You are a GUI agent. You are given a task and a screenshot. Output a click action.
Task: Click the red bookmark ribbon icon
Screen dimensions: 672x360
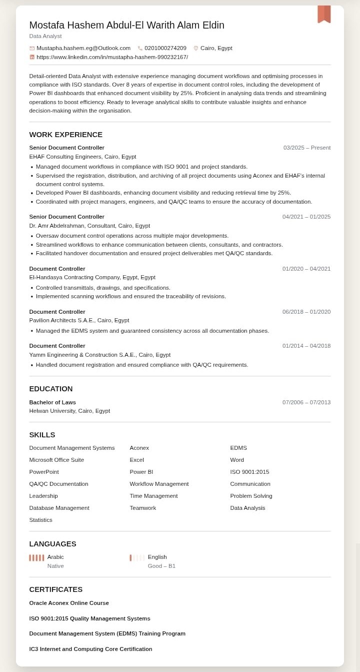(x=324, y=14)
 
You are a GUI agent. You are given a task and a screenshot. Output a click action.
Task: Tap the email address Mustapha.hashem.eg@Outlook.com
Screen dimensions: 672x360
(x=83, y=48)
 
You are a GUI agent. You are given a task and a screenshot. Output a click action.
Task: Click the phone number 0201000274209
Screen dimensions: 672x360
(x=165, y=48)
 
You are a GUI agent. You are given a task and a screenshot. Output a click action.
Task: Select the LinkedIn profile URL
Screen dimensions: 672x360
(x=112, y=57)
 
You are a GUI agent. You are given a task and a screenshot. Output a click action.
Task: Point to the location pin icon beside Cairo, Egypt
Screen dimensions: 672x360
(x=196, y=48)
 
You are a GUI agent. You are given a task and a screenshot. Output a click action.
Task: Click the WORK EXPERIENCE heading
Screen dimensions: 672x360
(x=65, y=135)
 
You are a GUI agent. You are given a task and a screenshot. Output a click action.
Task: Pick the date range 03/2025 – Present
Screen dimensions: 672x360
(x=306, y=148)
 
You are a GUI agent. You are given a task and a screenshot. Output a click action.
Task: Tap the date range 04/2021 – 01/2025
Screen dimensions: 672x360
(x=306, y=217)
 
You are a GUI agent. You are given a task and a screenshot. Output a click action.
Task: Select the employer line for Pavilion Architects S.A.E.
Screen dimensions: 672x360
(x=79, y=320)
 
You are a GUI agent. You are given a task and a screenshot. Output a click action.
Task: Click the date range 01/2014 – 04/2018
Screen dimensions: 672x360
(x=306, y=346)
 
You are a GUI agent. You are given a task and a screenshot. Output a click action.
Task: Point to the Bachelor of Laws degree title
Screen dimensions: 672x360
(x=52, y=402)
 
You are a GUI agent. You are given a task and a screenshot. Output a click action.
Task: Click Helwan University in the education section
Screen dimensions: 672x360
(x=69, y=411)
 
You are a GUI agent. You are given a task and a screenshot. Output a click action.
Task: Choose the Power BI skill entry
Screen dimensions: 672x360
(x=141, y=472)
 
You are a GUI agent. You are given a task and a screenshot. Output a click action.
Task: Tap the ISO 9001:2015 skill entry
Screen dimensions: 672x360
(x=249, y=472)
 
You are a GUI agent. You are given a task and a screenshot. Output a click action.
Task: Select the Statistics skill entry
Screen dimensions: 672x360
(x=40, y=520)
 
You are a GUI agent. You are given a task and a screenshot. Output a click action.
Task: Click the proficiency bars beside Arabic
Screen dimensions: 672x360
(x=36, y=557)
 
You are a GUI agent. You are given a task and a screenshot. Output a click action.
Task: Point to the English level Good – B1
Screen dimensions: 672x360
(x=161, y=566)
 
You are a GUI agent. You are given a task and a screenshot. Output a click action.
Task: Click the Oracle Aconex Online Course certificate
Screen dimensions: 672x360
(x=69, y=603)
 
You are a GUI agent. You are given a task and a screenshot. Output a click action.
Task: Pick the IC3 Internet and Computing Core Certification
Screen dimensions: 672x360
(x=90, y=649)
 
